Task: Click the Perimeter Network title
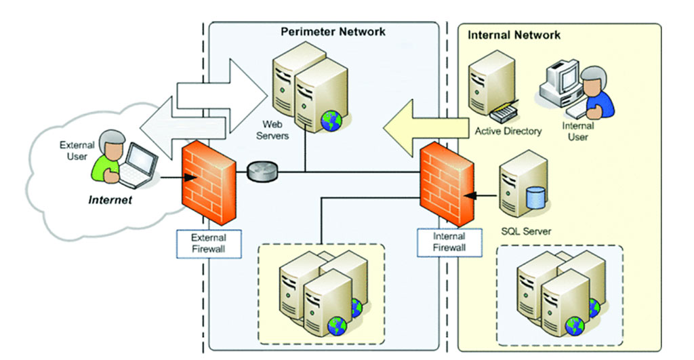(333, 31)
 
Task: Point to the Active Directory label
(508, 131)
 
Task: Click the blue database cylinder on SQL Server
(535, 198)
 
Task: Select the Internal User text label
(578, 131)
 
